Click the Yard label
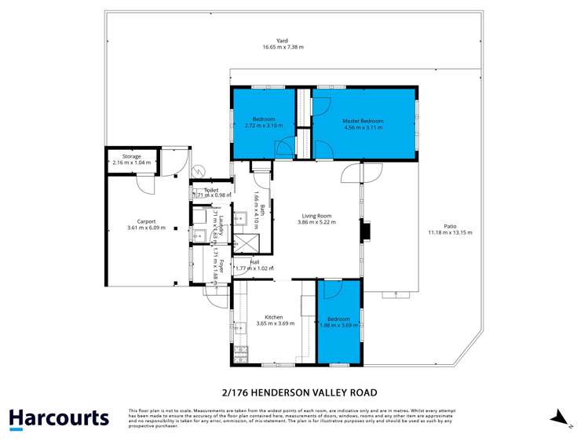[x=282, y=41]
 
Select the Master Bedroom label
[x=363, y=121]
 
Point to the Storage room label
[x=131, y=156]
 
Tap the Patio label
[x=450, y=226]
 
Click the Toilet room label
[x=211, y=190]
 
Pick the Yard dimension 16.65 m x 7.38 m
[x=282, y=48]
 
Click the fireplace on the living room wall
[x=363, y=232]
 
